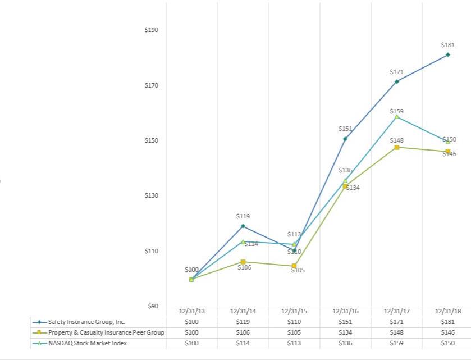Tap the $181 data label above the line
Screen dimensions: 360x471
(448, 45)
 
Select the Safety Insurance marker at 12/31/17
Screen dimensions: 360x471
(397, 81)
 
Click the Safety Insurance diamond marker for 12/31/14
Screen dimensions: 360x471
(243, 226)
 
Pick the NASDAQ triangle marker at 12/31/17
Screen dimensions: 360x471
(397, 116)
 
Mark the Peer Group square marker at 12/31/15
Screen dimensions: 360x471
(294, 266)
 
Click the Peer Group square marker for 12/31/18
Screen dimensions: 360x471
(448, 151)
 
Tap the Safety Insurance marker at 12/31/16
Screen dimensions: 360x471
(345, 139)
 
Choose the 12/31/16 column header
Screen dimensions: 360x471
(345, 311)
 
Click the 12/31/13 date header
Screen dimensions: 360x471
(191, 311)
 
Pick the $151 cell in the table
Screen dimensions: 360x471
(345, 322)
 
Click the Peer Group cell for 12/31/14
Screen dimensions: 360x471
(243, 332)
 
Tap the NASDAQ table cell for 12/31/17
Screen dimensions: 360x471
(397, 343)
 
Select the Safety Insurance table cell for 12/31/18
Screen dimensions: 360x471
(448, 322)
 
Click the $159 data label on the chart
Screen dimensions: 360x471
(397, 111)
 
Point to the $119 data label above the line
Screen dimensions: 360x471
(243, 216)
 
